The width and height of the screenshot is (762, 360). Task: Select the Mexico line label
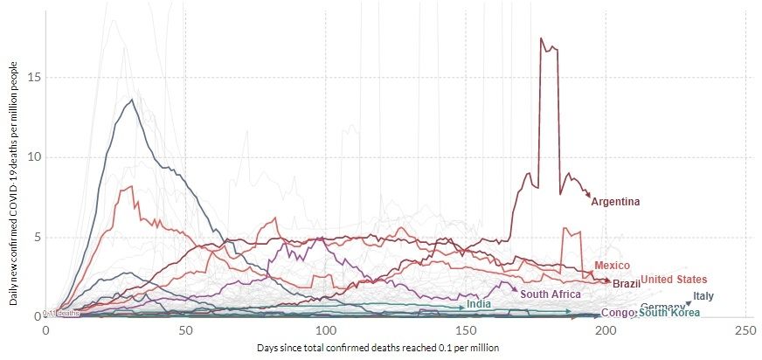tap(613, 265)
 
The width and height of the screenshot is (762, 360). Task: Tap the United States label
tap(674, 280)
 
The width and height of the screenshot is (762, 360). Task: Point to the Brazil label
tap(626, 284)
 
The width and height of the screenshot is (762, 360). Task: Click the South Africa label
tap(551, 294)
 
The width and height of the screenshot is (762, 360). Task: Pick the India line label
tap(478, 304)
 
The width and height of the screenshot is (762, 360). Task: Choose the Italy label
tap(703, 296)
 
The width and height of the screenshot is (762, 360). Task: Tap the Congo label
tap(617, 313)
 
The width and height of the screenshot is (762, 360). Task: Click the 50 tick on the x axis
tap(185, 330)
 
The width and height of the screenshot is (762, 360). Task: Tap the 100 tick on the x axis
tap(325, 330)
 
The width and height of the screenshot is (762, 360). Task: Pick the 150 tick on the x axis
tap(465, 330)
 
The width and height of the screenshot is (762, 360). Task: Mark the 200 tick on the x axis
tap(606, 330)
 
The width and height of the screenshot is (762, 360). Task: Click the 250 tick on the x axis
tap(745, 330)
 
